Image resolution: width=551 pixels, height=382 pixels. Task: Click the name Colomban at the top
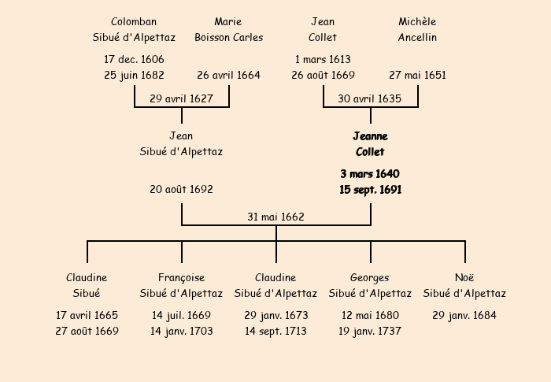click(x=134, y=22)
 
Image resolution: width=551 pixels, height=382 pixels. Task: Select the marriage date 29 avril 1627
click(x=181, y=98)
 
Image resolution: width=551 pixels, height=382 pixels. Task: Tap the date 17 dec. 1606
click(x=134, y=59)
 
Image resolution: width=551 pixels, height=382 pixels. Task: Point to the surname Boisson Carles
click(x=229, y=37)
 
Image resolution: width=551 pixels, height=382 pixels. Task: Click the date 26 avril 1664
click(x=228, y=75)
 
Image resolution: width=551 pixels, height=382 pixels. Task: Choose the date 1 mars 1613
click(x=323, y=59)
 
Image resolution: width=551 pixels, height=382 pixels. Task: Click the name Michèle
click(x=417, y=22)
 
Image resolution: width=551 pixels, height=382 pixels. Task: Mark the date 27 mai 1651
click(x=417, y=75)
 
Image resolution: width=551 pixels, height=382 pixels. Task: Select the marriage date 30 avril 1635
click(x=369, y=98)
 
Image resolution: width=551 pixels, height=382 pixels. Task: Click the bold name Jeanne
click(x=371, y=136)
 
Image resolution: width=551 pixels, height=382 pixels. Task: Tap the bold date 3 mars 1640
click(x=370, y=174)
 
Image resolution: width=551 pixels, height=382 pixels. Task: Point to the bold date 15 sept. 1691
click(x=371, y=190)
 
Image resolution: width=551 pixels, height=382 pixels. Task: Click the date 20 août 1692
click(x=181, y=189)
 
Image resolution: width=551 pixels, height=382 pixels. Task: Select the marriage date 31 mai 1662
click(x=275, y=217)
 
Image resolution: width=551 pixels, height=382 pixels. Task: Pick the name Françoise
click(x=181, y=277)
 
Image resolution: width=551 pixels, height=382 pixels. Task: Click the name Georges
click(x=370, y=277)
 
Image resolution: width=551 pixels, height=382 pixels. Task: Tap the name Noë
click(x=464, y=277)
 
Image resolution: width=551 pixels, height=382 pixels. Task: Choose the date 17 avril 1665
click(x=87, y=315)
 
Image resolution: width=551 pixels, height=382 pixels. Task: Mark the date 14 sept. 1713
click(x=275, y=331)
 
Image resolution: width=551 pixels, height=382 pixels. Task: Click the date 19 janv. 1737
click(x=370, y=331)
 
